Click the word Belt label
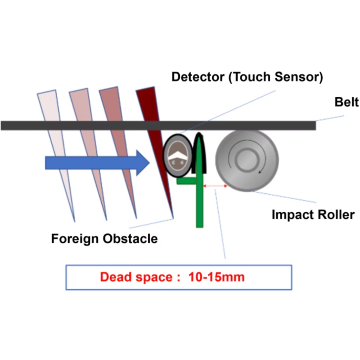[346, 102]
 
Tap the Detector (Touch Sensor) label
[247, 77]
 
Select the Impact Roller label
[313, 214]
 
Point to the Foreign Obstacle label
[104, 239]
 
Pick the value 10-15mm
[216, 277]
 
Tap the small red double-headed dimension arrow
[215, 185]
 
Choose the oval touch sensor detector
[178, 155]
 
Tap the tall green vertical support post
[199, 197]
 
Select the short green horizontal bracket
[186, 181]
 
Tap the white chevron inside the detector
[178, 153]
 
